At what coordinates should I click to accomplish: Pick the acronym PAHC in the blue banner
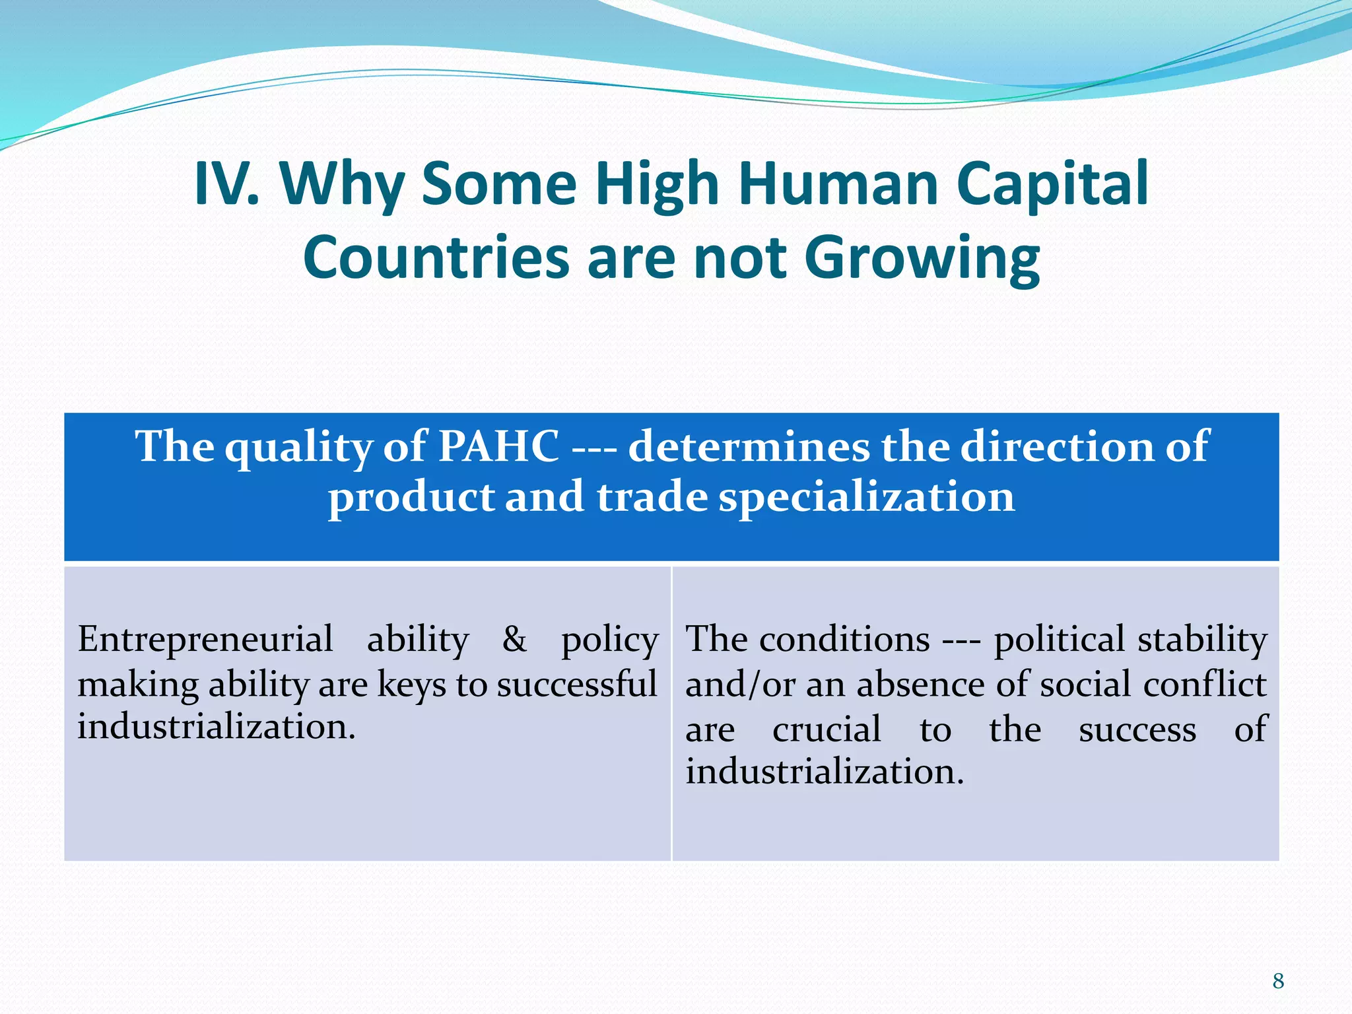(498, 446)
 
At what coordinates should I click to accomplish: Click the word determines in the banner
(749, 446)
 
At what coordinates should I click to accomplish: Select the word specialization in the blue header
(866, 496)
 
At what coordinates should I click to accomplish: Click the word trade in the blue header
(652, 496)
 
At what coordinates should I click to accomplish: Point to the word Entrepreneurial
(205, 639)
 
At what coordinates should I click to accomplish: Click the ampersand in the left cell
(514, 639)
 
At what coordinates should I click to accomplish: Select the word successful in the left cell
(577, 684)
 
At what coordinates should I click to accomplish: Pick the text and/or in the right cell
(739, 684)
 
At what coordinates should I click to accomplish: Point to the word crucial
(827, 729)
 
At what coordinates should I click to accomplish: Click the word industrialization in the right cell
(824, 771)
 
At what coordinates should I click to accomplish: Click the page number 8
(1278, 981)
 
